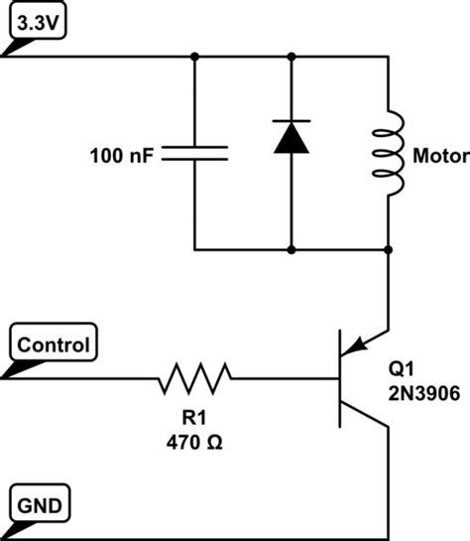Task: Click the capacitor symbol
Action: pos(194,152)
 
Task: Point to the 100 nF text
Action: pos(121,155)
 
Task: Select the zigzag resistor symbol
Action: pos(194,377)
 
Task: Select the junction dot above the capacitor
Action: pos(194,57)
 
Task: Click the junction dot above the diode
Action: pos(292,57)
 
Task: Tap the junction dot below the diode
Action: pos(292,249)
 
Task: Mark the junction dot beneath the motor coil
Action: pos(388,249)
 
